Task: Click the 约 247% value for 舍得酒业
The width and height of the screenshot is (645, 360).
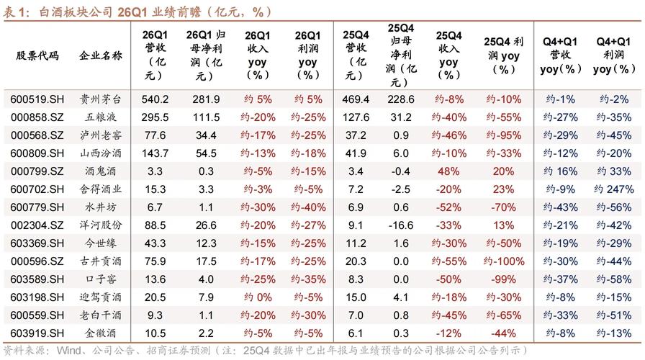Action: pyautogui.click(x=609, y=189)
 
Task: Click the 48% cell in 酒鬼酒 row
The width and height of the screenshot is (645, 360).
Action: pyautogui.click(x=448, y=171)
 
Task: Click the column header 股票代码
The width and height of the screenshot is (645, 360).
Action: pyautogui.click(x=37, y=55)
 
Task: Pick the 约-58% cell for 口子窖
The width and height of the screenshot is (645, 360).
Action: pyautogui.click(x=609, y=279)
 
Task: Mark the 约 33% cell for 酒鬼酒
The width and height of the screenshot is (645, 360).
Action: pyautogui.click(x=609, y=171)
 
